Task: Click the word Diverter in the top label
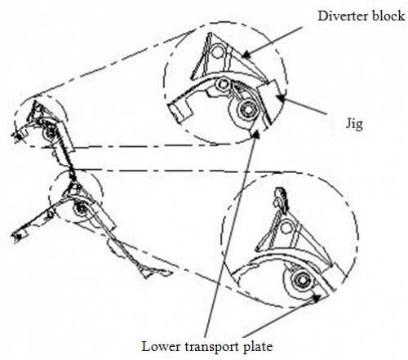343,16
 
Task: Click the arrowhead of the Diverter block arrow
246,56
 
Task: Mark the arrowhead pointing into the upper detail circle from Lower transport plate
255,133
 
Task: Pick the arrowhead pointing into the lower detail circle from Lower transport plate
316,298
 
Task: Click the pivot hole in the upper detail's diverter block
217,52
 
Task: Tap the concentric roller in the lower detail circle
302,280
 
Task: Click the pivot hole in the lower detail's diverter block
286,227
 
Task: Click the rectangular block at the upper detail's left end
180,110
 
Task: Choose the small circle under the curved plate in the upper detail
223,84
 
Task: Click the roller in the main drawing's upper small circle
50,131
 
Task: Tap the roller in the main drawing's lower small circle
80,208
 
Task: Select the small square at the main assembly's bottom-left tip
18,237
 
